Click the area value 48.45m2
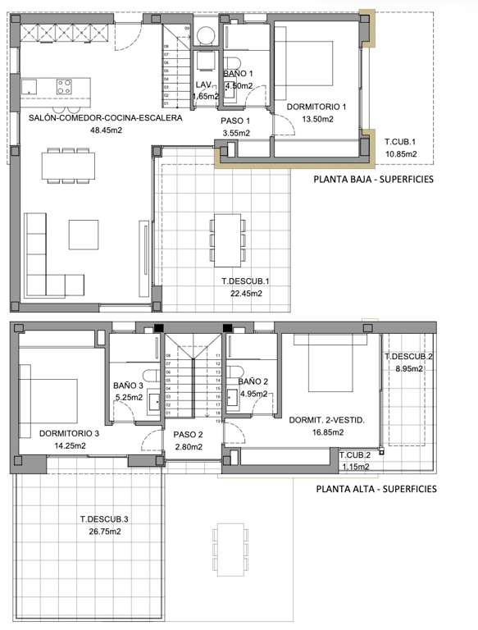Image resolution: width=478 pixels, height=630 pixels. click(x=106, y=130)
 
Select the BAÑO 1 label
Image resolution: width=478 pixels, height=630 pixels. click(x=239, y=74)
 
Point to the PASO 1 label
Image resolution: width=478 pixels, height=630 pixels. click(x=235, y=120)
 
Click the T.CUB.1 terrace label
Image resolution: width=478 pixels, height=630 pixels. click(x=401, y=141)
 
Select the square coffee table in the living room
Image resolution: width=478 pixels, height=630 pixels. click(x=83, y=234)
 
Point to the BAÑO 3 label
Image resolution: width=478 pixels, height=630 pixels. click(x=129, y=386)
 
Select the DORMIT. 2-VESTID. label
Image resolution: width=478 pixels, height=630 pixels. click(x=326, y=419)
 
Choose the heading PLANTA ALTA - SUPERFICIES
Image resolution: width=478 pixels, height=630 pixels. click(x=376, y=489)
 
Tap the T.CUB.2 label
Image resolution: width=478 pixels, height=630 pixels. click(x=355, y=455)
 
